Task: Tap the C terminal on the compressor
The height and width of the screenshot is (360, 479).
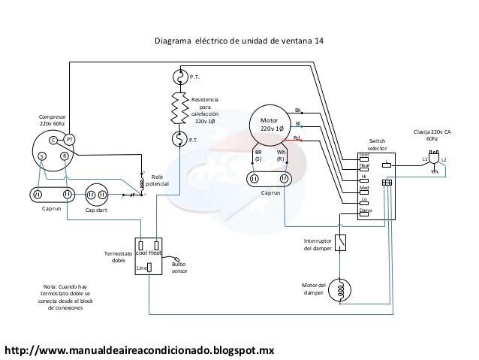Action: coord(53,140)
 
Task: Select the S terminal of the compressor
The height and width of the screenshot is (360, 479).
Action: coord(42,156)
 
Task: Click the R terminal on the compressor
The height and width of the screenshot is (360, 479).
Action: coord(65,156)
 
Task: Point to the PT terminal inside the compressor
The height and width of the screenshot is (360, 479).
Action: coord(68,140)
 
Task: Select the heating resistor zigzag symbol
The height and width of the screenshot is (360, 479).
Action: coord(179,107)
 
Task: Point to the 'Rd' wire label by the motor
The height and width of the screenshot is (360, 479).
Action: coord(297,138)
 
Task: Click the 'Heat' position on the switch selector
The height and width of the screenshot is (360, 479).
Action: coord(364,165)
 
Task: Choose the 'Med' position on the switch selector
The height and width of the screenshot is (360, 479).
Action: coord(364,188)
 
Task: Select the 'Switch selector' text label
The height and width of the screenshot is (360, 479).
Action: coord(377,144)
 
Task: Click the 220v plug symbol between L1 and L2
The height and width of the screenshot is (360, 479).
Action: coord(433,159)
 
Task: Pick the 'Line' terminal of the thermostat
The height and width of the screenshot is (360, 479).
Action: coord(149,268)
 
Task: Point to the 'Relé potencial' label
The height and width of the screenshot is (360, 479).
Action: coord(157,180)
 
